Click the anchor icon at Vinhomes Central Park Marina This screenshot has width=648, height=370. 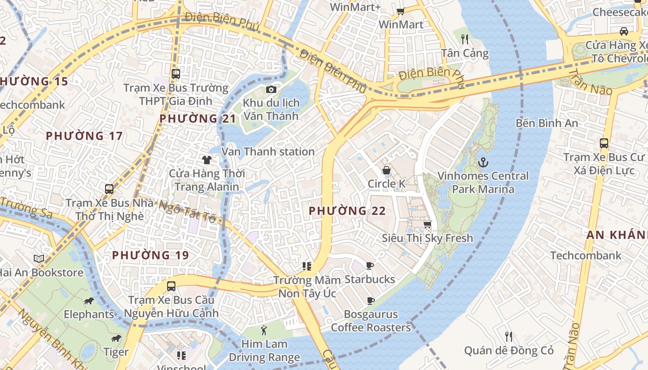point(483,162)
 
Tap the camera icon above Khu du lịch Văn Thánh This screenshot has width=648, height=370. point(271,89)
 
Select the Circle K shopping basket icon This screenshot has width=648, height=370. point(386,171)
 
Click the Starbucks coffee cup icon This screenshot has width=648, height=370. point(370,265)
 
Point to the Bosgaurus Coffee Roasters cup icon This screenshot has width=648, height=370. point(370,301)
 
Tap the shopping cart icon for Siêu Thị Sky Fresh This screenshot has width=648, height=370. point(427,224)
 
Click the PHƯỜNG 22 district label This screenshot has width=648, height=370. point(347,211)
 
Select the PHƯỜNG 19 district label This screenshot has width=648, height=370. point(150,255)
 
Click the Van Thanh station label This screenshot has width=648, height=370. point(268,152)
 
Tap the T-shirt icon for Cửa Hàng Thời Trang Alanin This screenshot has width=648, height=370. point(206,160)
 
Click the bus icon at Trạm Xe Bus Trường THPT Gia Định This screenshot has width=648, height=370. point(175,74)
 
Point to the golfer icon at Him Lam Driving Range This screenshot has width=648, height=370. point(264,330)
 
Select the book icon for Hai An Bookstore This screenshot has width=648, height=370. point(39,259)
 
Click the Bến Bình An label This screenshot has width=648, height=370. point(547,123)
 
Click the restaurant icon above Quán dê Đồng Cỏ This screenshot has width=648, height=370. point(509,336)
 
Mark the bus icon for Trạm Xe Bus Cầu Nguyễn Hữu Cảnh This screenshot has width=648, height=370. point(171,286)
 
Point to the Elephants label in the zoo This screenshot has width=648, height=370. point(89,314)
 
